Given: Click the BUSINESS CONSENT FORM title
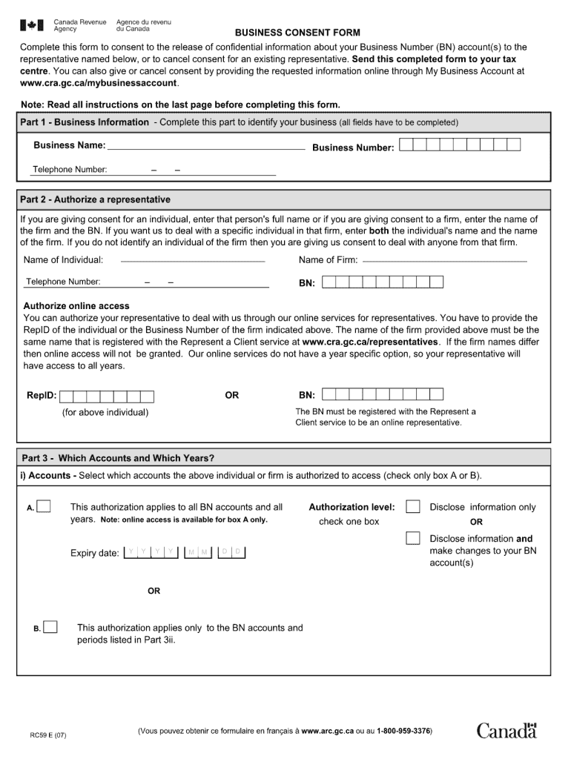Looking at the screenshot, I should tap(297, 33).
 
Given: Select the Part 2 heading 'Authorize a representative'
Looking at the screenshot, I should tap(95, 199).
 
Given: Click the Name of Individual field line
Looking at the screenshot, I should tap(192, 262).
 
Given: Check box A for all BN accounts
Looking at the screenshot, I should tap(44, 506).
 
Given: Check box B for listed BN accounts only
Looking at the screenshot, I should tap(50, 627).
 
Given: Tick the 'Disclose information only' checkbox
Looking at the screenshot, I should tap(413, 506).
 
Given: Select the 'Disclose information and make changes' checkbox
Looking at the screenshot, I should tap(413, 538).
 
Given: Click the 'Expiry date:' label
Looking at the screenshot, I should tap(94, 554).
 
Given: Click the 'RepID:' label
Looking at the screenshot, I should tap(42, 396).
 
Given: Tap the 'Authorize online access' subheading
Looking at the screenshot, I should tap(76, 306).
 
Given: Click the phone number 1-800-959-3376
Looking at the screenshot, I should tap(403, 732).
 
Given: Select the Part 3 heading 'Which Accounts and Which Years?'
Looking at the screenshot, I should tap(118, 457).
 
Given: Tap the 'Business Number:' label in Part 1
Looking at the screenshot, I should tap(353, 148).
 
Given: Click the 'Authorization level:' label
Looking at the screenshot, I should tap(351, 507).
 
